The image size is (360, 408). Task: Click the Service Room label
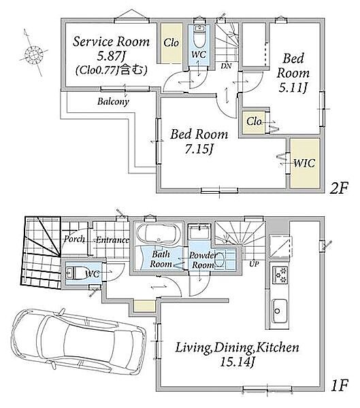pyautogui.click(x=111, y=41)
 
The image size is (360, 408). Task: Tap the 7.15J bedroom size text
pyautogui.click(x=199, y=149)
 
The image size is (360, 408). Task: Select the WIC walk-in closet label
pyautogui.click(x=304, y=163)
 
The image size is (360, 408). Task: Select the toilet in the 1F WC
pyautogui.click(x=78, y=273)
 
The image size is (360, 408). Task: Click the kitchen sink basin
pyautogui.click(x=280, y=311)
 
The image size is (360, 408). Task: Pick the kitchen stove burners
pyautogui.click(x=280, y=275)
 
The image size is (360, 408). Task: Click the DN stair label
pyautogui.click(x=226, y=66)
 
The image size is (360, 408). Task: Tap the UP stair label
pyautogui.click(x=254, y=264)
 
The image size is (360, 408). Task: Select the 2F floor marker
pyautogui.click(x=338, y=188)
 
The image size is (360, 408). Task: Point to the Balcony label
pyautogui.click(x=114, y=101)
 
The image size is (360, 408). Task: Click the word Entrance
pyautogui.click(x=112, y=239)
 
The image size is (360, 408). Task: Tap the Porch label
pyautogui.click(x=74, y=239)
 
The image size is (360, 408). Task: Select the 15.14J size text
pyautogui.click(x=237, y=362)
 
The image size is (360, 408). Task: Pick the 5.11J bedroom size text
pyautogui.click(x=292, y=88)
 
